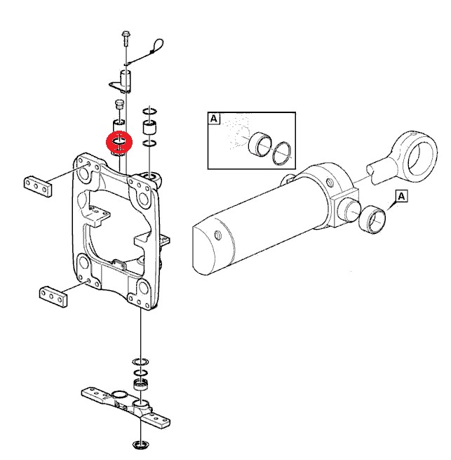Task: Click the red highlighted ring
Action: [119, 143]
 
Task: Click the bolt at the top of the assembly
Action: [126, 38]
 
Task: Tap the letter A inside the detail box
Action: [214, 119]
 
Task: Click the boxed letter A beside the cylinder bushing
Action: [401, 196]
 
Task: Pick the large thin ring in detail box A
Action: [281, 153]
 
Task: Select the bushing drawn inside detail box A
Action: [260, 144]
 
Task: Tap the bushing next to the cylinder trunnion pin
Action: [372, 219]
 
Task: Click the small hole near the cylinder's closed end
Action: [218, 235]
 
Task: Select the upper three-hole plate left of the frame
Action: [37, 187]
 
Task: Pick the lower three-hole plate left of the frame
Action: [53, 296]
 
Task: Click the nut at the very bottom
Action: [141, 445]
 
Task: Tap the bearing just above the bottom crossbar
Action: [141, 385]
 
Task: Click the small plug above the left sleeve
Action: [119, 104]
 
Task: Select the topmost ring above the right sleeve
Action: [149, 112]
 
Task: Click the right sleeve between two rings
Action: [149, 127]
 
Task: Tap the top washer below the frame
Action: [141, 362]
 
